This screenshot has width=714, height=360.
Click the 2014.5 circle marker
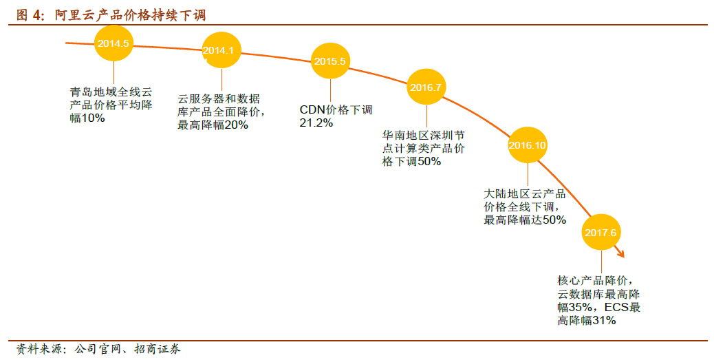pos(113,43)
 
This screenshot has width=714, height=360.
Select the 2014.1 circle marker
pos(221,50)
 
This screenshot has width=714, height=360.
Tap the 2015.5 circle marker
pos(330,61)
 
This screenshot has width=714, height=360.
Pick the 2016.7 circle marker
pos(426,87)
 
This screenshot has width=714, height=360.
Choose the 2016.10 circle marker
pos(527,145)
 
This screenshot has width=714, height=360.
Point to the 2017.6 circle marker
pos(601,232)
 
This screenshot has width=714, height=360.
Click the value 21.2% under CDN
pos(316,123)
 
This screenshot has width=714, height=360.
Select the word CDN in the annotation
pos(312,109)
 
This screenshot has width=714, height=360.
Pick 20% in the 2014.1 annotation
pos(235,125)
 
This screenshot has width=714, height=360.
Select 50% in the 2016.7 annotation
pos(429,162)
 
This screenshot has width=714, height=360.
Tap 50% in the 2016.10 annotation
pos(554,220)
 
